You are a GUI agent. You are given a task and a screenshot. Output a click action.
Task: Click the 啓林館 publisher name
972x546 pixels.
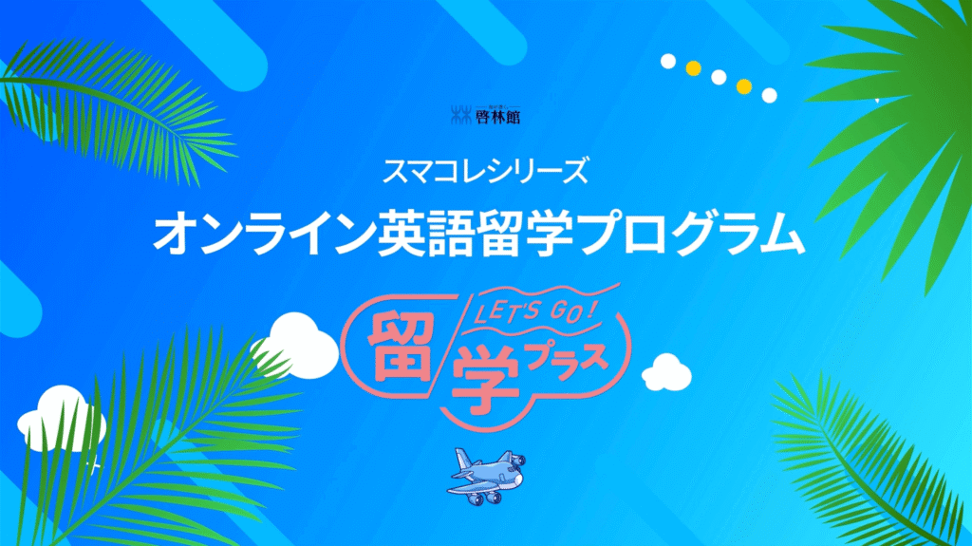pos(497,116)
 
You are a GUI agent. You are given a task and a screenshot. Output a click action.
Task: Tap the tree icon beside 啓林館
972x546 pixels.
pos(460,116)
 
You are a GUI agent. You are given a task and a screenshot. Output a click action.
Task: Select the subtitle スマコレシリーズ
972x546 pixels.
pos(485,171)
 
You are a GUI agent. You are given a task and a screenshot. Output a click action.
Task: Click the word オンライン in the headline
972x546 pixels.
pos(264,234)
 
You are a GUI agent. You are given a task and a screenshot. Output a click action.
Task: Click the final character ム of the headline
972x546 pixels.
pos(782,235)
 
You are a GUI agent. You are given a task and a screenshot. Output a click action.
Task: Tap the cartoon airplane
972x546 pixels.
pos(486,476)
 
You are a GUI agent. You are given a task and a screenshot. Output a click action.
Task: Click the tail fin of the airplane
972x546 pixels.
pos(464,461)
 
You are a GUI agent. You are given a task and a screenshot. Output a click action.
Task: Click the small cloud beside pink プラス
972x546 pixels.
pos(666,372)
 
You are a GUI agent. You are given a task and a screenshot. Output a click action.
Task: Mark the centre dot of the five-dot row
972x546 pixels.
pos(719,77)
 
